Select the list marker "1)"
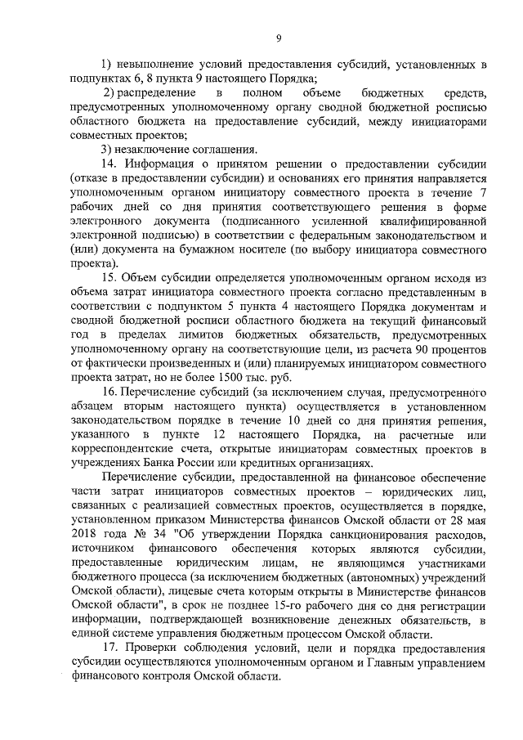pyautogui.click(x=106, y=65)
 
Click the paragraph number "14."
pyautogui.click(x=108, y=164)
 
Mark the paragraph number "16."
pyautogui.click(x=108, y=392)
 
